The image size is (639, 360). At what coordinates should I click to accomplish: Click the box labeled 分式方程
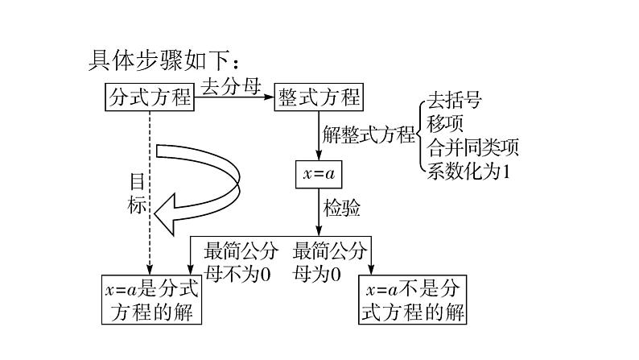[150, 97]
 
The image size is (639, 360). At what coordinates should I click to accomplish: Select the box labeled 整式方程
[319, 97]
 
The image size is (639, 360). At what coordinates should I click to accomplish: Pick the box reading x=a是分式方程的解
[150, 299]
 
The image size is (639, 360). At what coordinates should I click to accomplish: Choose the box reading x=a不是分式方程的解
[413, 300]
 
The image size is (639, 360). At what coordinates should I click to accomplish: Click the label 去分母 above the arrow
[230, 85]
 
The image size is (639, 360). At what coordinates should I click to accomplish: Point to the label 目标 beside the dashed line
[138, 193]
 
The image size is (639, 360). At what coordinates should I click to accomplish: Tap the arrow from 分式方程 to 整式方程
[233, 97]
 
